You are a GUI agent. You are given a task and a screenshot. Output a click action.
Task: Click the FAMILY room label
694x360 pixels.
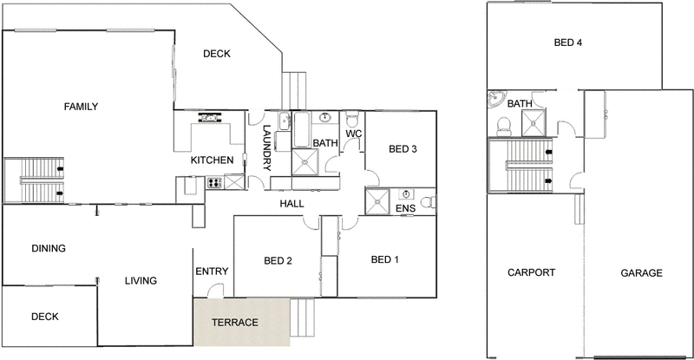point(81,107)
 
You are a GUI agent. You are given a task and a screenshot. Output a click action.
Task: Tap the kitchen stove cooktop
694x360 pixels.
point(213,183)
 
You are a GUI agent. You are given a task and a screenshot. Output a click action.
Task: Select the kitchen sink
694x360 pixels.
point(208,119)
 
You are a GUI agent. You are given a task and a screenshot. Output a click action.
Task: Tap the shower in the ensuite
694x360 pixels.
point(378,201)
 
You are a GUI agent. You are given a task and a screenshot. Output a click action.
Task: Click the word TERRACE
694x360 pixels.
point(236,323)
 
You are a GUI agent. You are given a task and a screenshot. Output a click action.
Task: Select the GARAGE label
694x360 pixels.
point(641,272)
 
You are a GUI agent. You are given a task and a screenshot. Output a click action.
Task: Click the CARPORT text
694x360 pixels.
point(531,272)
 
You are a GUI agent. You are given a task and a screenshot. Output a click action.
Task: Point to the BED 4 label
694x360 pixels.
point(568,43)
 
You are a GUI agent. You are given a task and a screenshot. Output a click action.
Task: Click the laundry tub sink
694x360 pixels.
point(285,121)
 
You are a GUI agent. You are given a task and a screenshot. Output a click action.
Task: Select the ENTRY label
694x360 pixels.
point(211,272)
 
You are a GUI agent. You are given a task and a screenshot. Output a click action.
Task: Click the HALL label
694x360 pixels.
point(291,204)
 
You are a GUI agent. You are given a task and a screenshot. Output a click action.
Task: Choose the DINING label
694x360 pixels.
point(49,248)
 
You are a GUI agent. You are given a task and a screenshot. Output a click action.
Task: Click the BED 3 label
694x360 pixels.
point(403,149)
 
